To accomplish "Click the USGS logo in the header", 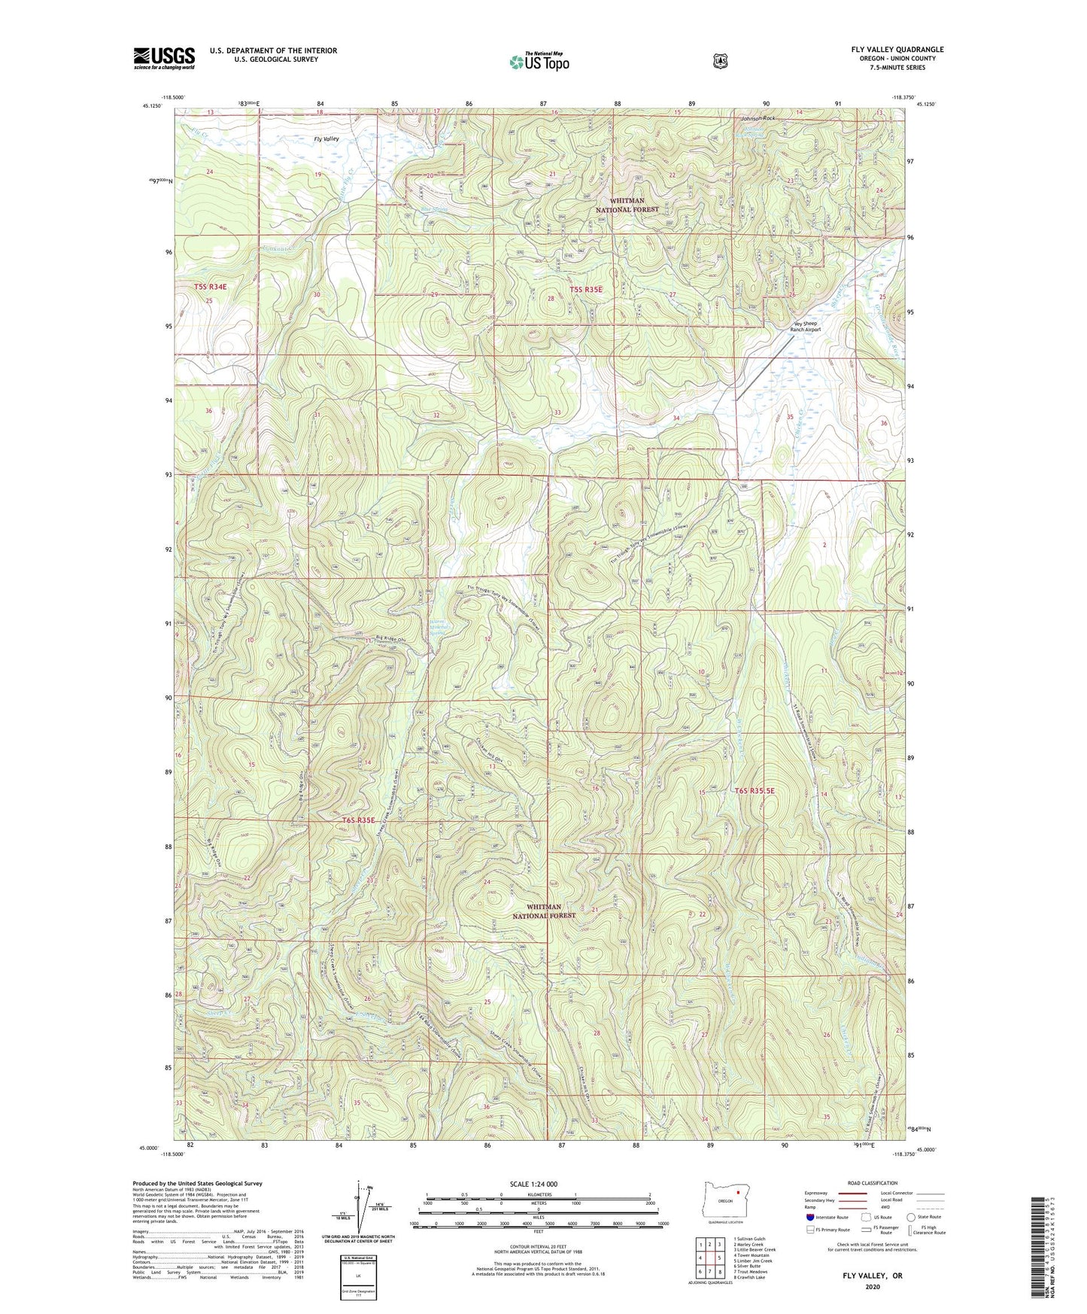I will point(164,58).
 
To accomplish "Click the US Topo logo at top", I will point(538,61).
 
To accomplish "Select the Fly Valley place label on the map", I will point(326,139).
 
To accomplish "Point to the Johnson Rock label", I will point(758,119).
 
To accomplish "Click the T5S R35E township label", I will point(586,289).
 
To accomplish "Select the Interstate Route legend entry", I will point(827,1216).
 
